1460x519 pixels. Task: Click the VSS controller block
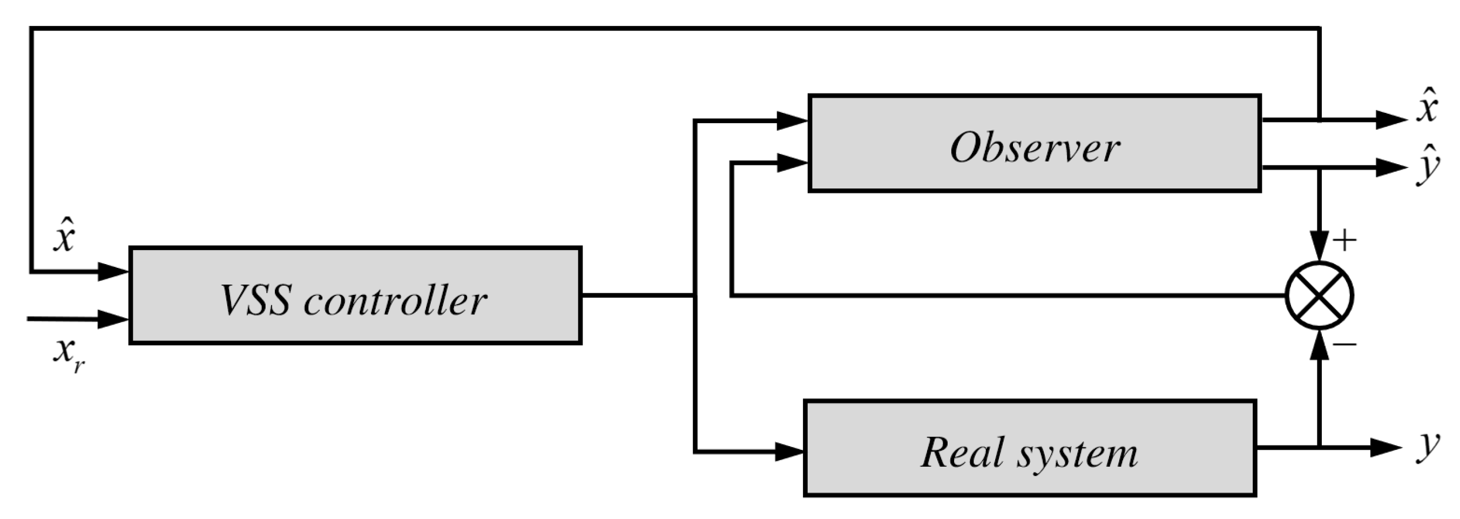click(355, 295)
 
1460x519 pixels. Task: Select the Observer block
click(1035, 143)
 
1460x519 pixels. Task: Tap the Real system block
click(1030, 448)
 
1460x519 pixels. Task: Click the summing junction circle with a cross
click(1320, 295)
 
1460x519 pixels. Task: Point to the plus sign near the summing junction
click(1344, 241)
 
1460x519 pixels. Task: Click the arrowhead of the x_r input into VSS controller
click(113, 320)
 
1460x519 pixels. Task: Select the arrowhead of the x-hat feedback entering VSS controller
click(113, 272)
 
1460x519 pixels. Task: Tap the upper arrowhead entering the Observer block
click(791, 120)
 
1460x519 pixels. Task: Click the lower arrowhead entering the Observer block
click(791, 163)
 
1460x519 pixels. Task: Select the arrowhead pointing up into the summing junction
click(1320, 345)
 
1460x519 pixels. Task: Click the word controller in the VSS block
click(395, 300)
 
